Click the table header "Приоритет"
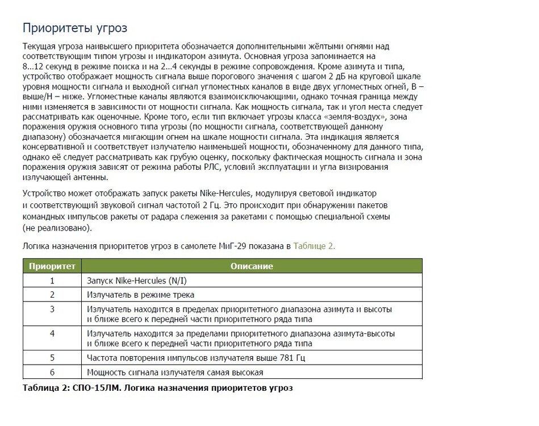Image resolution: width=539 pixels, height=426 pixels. coord(52,266)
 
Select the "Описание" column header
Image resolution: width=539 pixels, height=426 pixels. coord(252,266)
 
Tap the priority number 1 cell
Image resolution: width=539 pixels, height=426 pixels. coord(52,281)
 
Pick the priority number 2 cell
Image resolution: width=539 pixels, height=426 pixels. coord(52,295)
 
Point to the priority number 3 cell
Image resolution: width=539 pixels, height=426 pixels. coord(52,310)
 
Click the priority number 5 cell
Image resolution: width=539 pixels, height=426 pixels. coord(52,358)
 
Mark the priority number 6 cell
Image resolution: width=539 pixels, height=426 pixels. coord(52,373)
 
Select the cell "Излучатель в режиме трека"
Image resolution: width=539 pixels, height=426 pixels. coord(140,295)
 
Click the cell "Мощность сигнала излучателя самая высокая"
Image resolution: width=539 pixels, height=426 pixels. coord(175,373)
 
